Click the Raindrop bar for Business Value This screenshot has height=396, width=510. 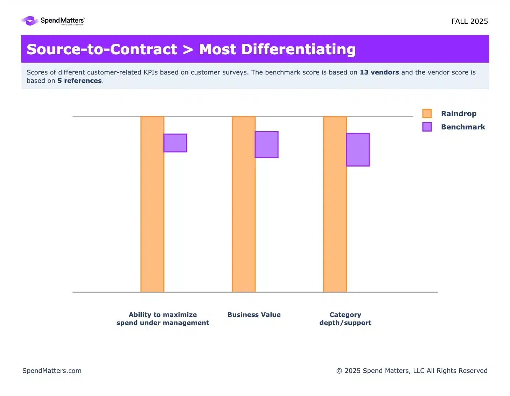click(x=244, y=204)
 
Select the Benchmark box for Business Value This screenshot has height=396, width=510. click(x=266, y=144)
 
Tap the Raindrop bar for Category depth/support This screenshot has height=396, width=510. click(x=335, y=204)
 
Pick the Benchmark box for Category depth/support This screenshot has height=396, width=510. click(x=358, y=149)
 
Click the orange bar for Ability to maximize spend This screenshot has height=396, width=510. click(x=152, y=204)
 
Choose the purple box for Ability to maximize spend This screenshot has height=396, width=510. click(x=175, y=143)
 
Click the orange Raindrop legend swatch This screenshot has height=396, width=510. click(x=427, y=113)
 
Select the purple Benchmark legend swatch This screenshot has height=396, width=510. click(x=427, y=127)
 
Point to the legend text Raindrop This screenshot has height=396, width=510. click(x=459, y=114)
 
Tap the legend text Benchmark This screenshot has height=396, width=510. click(x=463, y=127)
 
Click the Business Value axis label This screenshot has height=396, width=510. click(x=254, y=314)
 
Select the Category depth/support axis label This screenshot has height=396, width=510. click(x=345, y=319)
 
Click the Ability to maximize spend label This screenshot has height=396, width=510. click(x=163, y=319)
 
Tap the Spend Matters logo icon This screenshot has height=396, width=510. click(x=30, y=21)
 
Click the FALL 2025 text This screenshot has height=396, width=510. click(x=469, y=21)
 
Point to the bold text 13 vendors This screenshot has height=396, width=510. click(x=379, y=72)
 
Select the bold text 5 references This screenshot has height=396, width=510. click(x=80, y=81)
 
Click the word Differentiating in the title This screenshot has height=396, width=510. click(x=299, y=49)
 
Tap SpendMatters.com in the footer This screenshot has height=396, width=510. click(x=52, y=370)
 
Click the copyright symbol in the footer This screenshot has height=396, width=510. click(x=339, y=371)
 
